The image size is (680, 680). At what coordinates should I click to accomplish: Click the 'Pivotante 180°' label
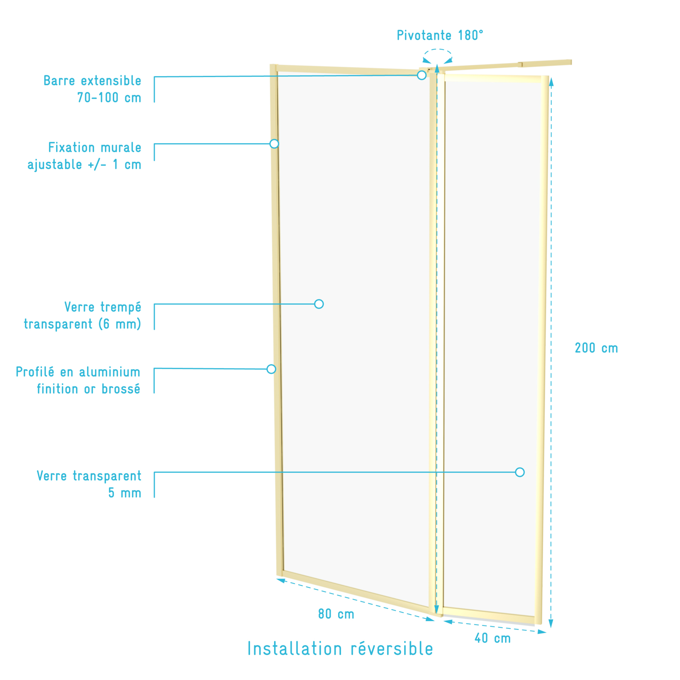pyautogui.click(x=440, y=35)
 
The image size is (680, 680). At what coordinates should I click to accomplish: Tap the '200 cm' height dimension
pyautogui.click(x=596, y=348)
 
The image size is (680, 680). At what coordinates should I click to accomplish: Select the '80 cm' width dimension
pyautogui.click(x=336, y=614)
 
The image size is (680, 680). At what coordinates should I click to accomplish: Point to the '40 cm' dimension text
pyautogui.click(x=493, y=638)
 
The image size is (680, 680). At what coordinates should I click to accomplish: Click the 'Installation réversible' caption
pyautogui.click(x=340, y=649)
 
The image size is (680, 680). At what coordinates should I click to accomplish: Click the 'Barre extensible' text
pyautogui.click(x=92, y=81)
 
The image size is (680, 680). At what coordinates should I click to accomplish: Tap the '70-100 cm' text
pyautogui.click(x=109, y=98)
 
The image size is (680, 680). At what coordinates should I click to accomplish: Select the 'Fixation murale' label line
pyautogui.click(x=95, y=148)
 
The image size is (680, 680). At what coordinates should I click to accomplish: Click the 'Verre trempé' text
pyautogui.click(x=103, y=307)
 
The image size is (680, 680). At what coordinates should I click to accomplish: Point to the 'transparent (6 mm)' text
pyautogui.click(x=82, y=324)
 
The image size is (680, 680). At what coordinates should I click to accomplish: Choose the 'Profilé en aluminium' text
pyautogui.click(x=78, y=372)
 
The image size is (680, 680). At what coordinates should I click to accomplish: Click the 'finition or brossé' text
pyautogui.click(x=88, y=389)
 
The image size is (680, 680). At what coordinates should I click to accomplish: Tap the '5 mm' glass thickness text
pyautogui.click(x=124, y=493)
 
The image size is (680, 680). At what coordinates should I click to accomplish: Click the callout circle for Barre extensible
pyautogui.click(x=421, y=75)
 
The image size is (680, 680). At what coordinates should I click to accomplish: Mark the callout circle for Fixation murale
pyautogui.click(x=274, y=144)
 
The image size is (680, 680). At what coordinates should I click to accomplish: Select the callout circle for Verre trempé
pyautogui.click(x=319, y=304)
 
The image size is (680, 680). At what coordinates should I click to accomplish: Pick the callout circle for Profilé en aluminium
pyautogui.click(x=271, y=369)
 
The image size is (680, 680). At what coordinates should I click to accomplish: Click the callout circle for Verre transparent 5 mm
pyautogui.click(x=520, y=472)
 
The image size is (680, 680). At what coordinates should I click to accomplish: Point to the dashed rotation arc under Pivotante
pyautogui.click(x=438, y=50)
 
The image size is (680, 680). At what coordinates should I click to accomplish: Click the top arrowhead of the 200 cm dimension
pyautogui.click(x=551, y=82)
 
